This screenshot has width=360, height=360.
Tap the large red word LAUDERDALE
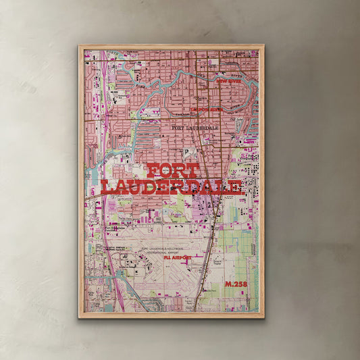pyautogui.click(x=171, y=186)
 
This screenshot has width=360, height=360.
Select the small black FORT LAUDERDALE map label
pyautogui.click(x=197, y=127)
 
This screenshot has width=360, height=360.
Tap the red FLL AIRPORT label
pyautogui.click(x=178, y=257)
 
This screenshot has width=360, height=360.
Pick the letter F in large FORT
pyautogui.click(x=152, y=171)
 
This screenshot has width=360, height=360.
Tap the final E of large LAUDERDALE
pyautogui.click(x=233, y=187)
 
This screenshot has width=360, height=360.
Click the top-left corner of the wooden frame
pyautogui.click(x=80, y=47)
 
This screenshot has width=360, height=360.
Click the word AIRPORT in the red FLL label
pyautogui.click(x=182, y=257)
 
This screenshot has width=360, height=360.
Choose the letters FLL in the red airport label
pyautogui.click(x=168, y=257)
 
